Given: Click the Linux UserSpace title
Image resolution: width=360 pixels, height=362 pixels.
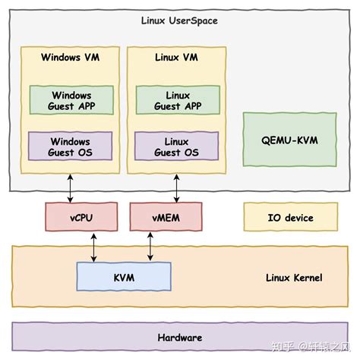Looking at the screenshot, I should tap(179, 20).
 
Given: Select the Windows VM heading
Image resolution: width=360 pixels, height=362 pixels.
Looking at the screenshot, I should tap(70, 57).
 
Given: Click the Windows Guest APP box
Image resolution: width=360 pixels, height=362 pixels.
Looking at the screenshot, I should tap(71, 101).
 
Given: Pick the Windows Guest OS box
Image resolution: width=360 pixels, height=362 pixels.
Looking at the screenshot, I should tap(71, 146).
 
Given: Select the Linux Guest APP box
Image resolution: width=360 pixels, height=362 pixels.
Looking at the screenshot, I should tap(177, 101).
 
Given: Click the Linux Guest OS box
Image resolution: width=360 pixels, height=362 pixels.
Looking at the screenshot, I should tap(177, 146).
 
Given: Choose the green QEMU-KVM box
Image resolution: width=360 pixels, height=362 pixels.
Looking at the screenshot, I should tap(289, 139).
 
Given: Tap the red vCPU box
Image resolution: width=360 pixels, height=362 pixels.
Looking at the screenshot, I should tap(81, 218).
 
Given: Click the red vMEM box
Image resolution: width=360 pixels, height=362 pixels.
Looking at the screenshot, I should tap(166, 218).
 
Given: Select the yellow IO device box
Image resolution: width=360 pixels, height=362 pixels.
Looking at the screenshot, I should tap(289, 218).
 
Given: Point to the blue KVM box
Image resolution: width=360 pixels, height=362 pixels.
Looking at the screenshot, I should tap(123, 278).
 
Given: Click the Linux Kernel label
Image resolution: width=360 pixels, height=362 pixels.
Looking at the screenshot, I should tap(294, 278).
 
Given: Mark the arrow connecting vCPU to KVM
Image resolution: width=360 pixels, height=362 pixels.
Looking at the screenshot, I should tap(93, 247).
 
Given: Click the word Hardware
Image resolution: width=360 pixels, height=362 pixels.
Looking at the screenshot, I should tap(179, 337).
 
